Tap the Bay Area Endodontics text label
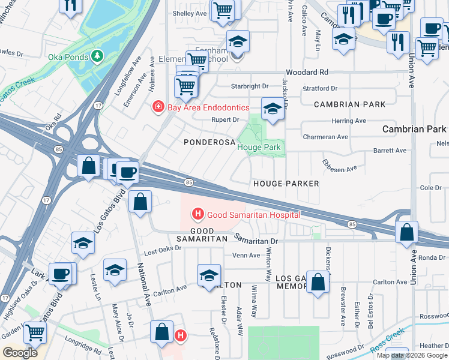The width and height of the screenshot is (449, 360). [200, 107]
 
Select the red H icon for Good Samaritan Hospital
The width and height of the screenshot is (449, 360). [197, 214]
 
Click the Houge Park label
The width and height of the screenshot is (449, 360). [259, 147]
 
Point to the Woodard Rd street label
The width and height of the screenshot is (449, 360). [308, 72]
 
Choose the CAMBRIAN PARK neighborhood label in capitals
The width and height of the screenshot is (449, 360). [350, 104]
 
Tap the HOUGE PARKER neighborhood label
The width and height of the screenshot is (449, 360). [286, 183]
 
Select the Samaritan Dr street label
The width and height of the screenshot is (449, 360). [257, 240]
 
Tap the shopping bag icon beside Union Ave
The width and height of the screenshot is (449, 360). [407, 232]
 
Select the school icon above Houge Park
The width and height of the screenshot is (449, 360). [273, 109]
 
